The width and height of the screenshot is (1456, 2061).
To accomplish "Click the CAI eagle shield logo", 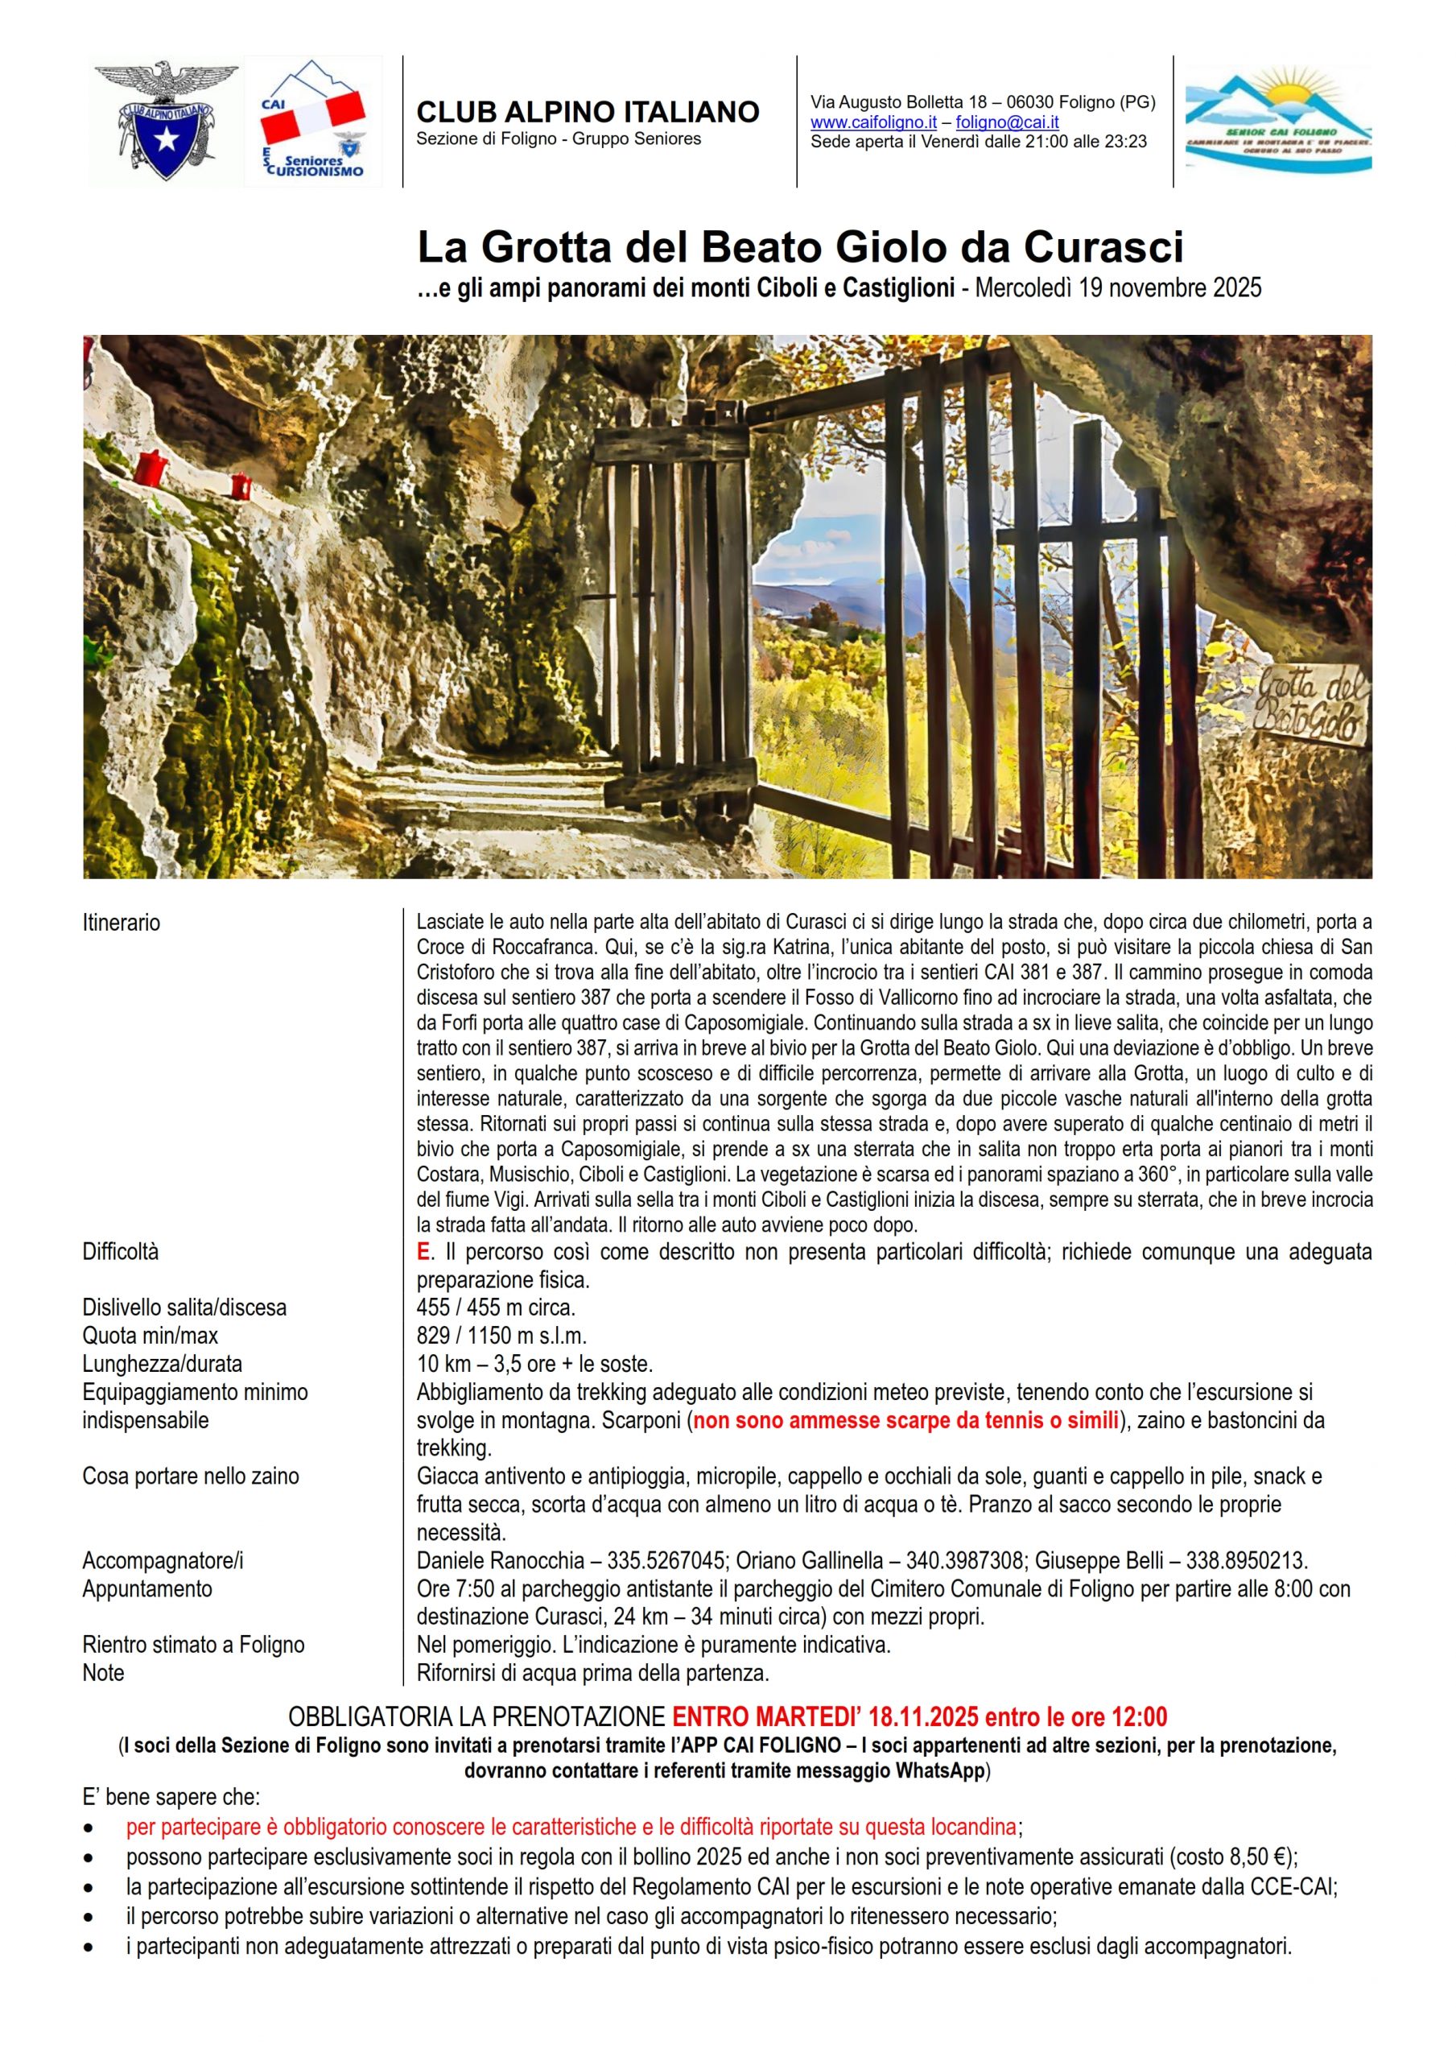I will point(166,120).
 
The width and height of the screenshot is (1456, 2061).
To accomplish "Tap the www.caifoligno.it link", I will point(873,122).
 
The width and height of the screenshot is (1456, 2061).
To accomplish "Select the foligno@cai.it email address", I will point(1007,122).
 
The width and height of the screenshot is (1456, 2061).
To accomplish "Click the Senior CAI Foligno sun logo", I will point(1277,120).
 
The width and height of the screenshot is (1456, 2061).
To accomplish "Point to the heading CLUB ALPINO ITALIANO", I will point(588,112).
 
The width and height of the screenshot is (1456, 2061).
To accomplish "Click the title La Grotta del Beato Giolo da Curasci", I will point(800,247).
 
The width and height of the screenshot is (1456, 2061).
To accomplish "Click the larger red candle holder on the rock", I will point(151,468).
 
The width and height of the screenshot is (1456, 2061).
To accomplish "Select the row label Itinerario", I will point(122,923).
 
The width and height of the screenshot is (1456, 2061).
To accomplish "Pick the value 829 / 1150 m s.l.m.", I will point(501,1335).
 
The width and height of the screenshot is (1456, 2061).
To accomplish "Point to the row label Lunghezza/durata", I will point(163,1364).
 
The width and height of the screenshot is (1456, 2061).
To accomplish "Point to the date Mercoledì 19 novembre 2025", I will point(1118,288).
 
